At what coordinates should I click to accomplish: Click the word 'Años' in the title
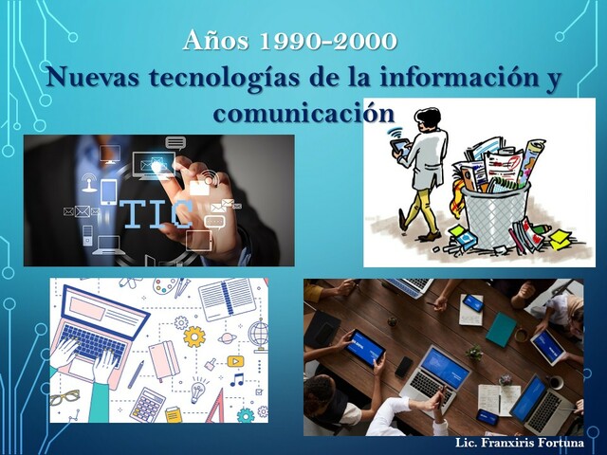click(x=214, y=42)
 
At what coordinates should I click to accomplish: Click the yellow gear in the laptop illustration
click(x=193, y=336)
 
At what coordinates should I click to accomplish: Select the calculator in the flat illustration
click(x=147, y=403)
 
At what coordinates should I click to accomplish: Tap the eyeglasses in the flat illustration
click(x=65, y=396)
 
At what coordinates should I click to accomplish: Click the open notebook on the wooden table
click(x=498, y=399)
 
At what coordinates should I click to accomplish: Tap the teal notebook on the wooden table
click(x=501, y=329)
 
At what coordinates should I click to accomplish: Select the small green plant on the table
click(x=475, y=352)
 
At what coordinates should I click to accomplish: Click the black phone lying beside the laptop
click(x=404, y=366)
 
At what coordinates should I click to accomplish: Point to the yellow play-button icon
click(x=234, y=361)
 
